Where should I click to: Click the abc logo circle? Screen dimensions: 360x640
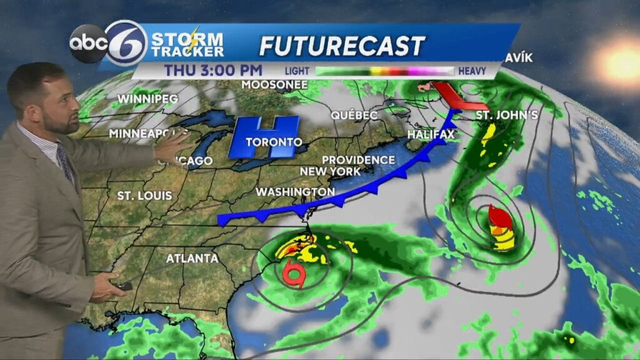click(x=88, y=43)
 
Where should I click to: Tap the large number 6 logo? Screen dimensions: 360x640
click(x=126, y=42)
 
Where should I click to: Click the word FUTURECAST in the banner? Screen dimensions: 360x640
click(x=342, y=46)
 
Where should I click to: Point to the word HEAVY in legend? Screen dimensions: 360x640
click(x=472, y=71)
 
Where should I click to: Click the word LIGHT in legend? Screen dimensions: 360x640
click(x=297, y=71)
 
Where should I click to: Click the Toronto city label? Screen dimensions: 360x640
click(x=274, y=142)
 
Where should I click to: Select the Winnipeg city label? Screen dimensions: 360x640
click(x=148, y=99)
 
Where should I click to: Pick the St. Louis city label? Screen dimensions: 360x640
click(x=144, y=196)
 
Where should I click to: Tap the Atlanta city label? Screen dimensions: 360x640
click(x=192, y=258)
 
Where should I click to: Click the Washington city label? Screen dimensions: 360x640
click(x=295, y=191)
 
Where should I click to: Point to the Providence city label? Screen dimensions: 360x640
click(x=358, y=160)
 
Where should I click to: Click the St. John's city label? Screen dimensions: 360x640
click(x=507, y=115)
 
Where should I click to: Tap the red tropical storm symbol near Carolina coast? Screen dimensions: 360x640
click(x=293, y=274)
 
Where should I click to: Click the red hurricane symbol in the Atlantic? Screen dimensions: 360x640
click(x=501, y=219)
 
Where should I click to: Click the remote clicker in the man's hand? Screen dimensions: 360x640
click(x=122, y=286)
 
